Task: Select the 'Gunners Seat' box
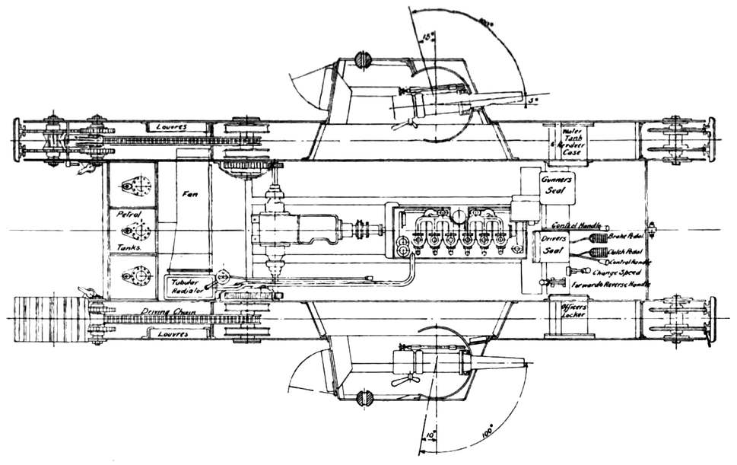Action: [x=556, y=183]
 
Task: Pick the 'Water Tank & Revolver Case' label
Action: [x=570, y=141]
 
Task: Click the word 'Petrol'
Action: [x=125, y=215]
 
